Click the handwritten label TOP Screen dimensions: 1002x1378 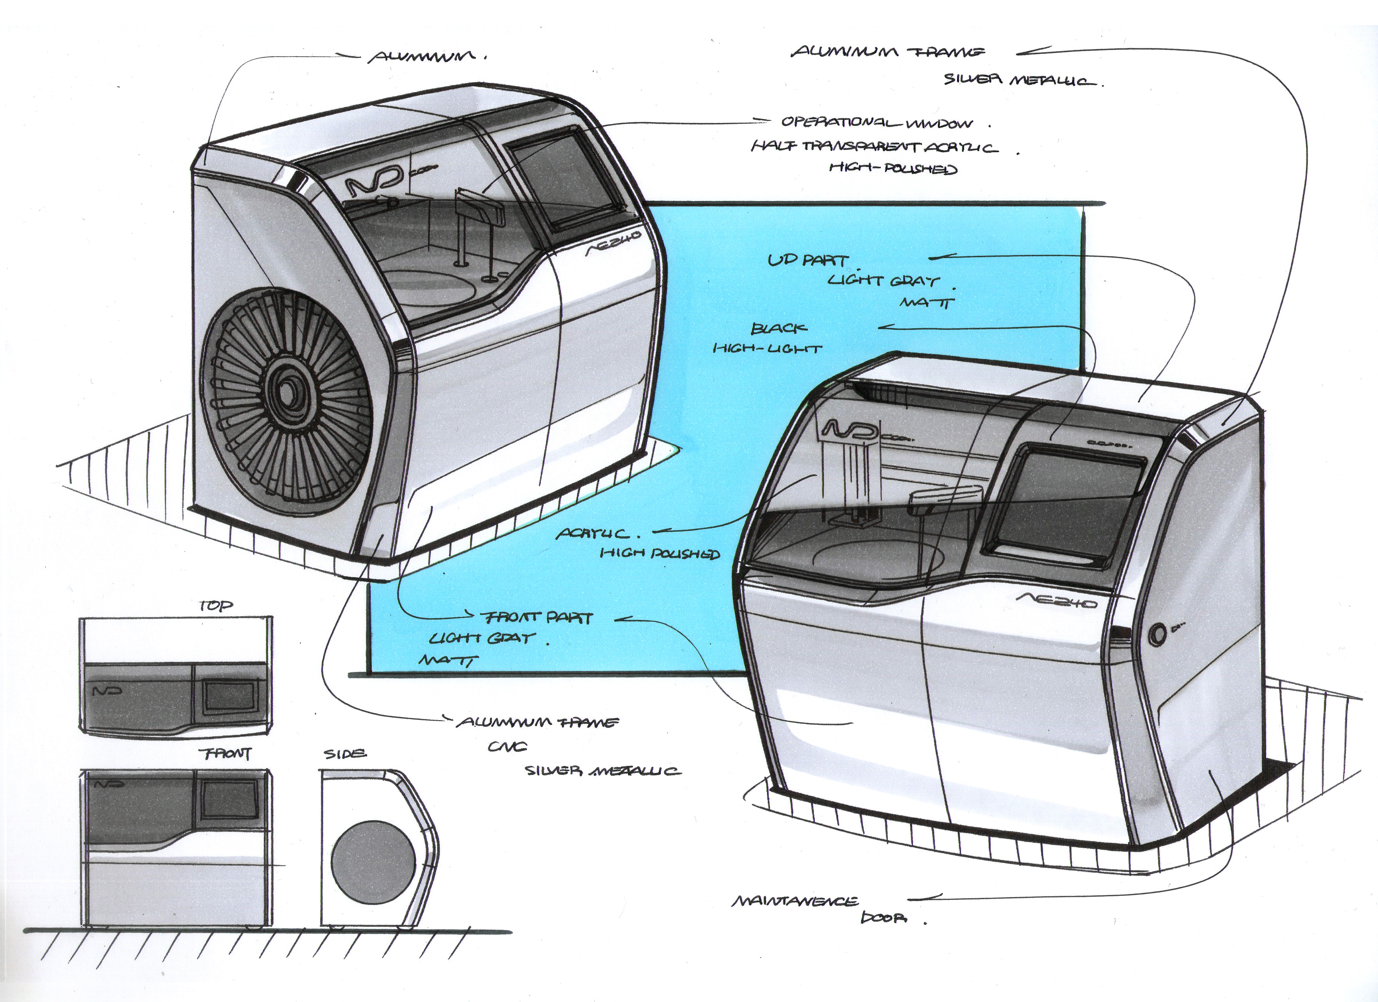(x=216, y=606)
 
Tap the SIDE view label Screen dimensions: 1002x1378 (x=345, y=754)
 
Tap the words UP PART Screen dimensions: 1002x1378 (x=807, y=260)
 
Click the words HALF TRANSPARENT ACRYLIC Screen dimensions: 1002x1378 (x=874, y=147)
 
